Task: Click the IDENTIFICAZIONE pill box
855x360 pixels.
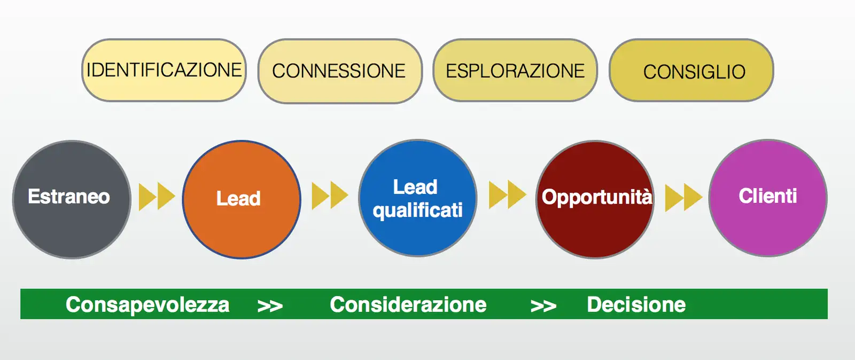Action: coord(164,70)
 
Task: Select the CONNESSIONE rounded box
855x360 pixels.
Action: coord(340,71)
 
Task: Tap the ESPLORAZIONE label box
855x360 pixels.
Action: coord(515,70)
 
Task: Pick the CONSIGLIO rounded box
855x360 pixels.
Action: coord(691,70)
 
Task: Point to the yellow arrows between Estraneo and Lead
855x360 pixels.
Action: coord(157,197)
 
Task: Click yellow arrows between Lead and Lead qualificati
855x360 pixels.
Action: coord(330,195)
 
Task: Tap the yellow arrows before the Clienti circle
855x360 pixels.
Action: coord(683,198)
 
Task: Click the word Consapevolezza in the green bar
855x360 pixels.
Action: coord(147,304)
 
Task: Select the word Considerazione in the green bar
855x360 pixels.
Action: coord(408,304)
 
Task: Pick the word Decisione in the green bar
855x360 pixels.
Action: coord(636,304)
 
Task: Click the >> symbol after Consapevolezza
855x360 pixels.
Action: coord(270,306)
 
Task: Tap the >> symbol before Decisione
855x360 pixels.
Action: coord(543,306)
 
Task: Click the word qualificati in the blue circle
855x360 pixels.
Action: coord(418,210)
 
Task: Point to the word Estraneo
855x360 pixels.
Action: coord(69,197)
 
